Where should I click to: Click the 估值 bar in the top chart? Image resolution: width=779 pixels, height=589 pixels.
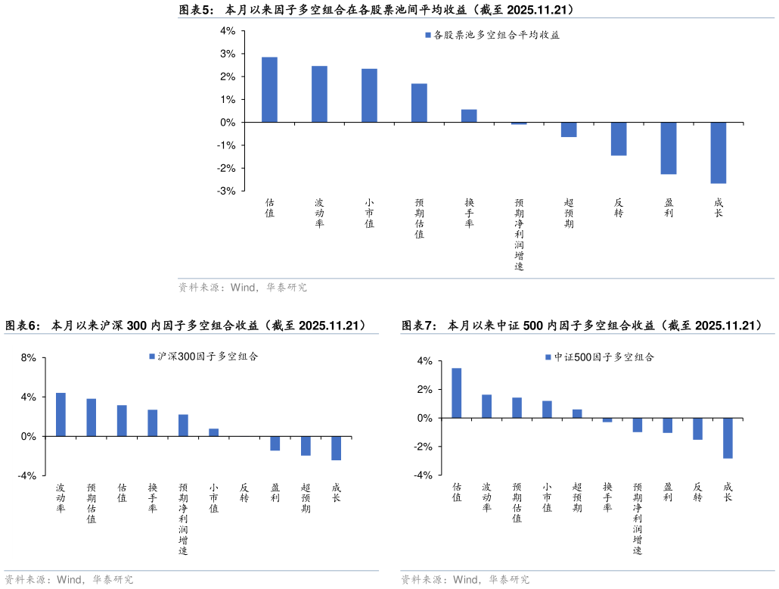269,89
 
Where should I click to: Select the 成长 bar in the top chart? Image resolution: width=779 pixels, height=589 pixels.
718,153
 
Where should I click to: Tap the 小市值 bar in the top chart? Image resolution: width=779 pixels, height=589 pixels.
369,95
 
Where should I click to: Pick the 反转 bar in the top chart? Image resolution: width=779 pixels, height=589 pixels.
619,139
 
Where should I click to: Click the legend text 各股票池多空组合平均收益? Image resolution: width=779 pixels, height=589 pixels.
496,35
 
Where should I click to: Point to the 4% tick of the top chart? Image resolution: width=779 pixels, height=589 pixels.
228,31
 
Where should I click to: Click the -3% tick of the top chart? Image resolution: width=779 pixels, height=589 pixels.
226,192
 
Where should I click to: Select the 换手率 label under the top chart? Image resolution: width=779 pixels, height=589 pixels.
470,213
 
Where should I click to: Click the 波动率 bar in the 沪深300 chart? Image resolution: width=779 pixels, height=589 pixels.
61,414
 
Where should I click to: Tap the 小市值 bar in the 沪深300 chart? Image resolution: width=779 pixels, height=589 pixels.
214,432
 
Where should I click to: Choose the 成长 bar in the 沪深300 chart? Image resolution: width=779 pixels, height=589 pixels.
336,448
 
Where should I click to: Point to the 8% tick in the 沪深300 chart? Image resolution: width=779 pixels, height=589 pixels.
29,358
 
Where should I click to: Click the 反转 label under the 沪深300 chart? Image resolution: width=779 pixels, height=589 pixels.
244,493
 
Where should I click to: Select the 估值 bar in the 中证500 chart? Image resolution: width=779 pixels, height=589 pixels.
457,393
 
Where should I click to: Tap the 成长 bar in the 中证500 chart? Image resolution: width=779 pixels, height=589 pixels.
728,438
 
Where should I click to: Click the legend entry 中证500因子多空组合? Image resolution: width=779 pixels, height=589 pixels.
604,357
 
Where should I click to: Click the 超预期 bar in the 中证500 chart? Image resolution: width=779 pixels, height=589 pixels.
577,413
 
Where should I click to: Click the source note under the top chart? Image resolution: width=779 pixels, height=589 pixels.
243,288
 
